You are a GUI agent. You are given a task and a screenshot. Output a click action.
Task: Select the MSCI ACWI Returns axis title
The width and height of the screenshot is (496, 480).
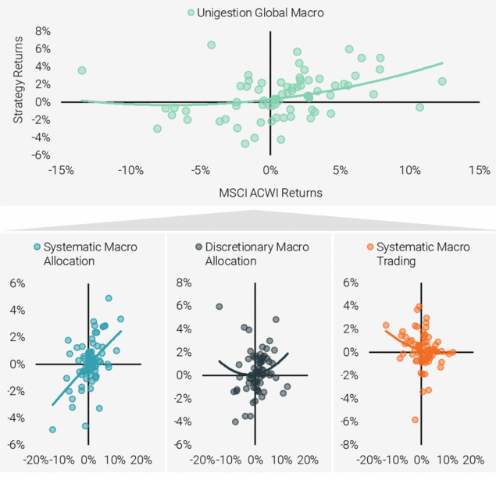[269, 190]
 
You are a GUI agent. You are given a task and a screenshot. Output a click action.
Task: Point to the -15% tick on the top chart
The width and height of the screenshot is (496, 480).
[60, 170]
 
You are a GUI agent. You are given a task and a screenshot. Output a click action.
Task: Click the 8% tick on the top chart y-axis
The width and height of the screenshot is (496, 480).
[41, 31]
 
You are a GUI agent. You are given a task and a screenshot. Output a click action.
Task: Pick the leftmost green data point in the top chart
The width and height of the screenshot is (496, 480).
[82, 70]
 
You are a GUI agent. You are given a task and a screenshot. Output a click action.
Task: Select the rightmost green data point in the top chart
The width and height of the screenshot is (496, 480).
[442, 81]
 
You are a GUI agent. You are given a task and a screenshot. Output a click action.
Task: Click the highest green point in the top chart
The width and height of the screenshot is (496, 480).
[211, 45]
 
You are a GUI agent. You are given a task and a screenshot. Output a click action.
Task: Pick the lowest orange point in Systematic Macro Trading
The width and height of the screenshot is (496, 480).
[416, 420]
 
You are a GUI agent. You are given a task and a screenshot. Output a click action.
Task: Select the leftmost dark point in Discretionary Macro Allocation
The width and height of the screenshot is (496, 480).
[219, 307]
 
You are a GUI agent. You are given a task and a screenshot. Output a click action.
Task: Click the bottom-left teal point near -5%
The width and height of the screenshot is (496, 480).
[52, 429]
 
